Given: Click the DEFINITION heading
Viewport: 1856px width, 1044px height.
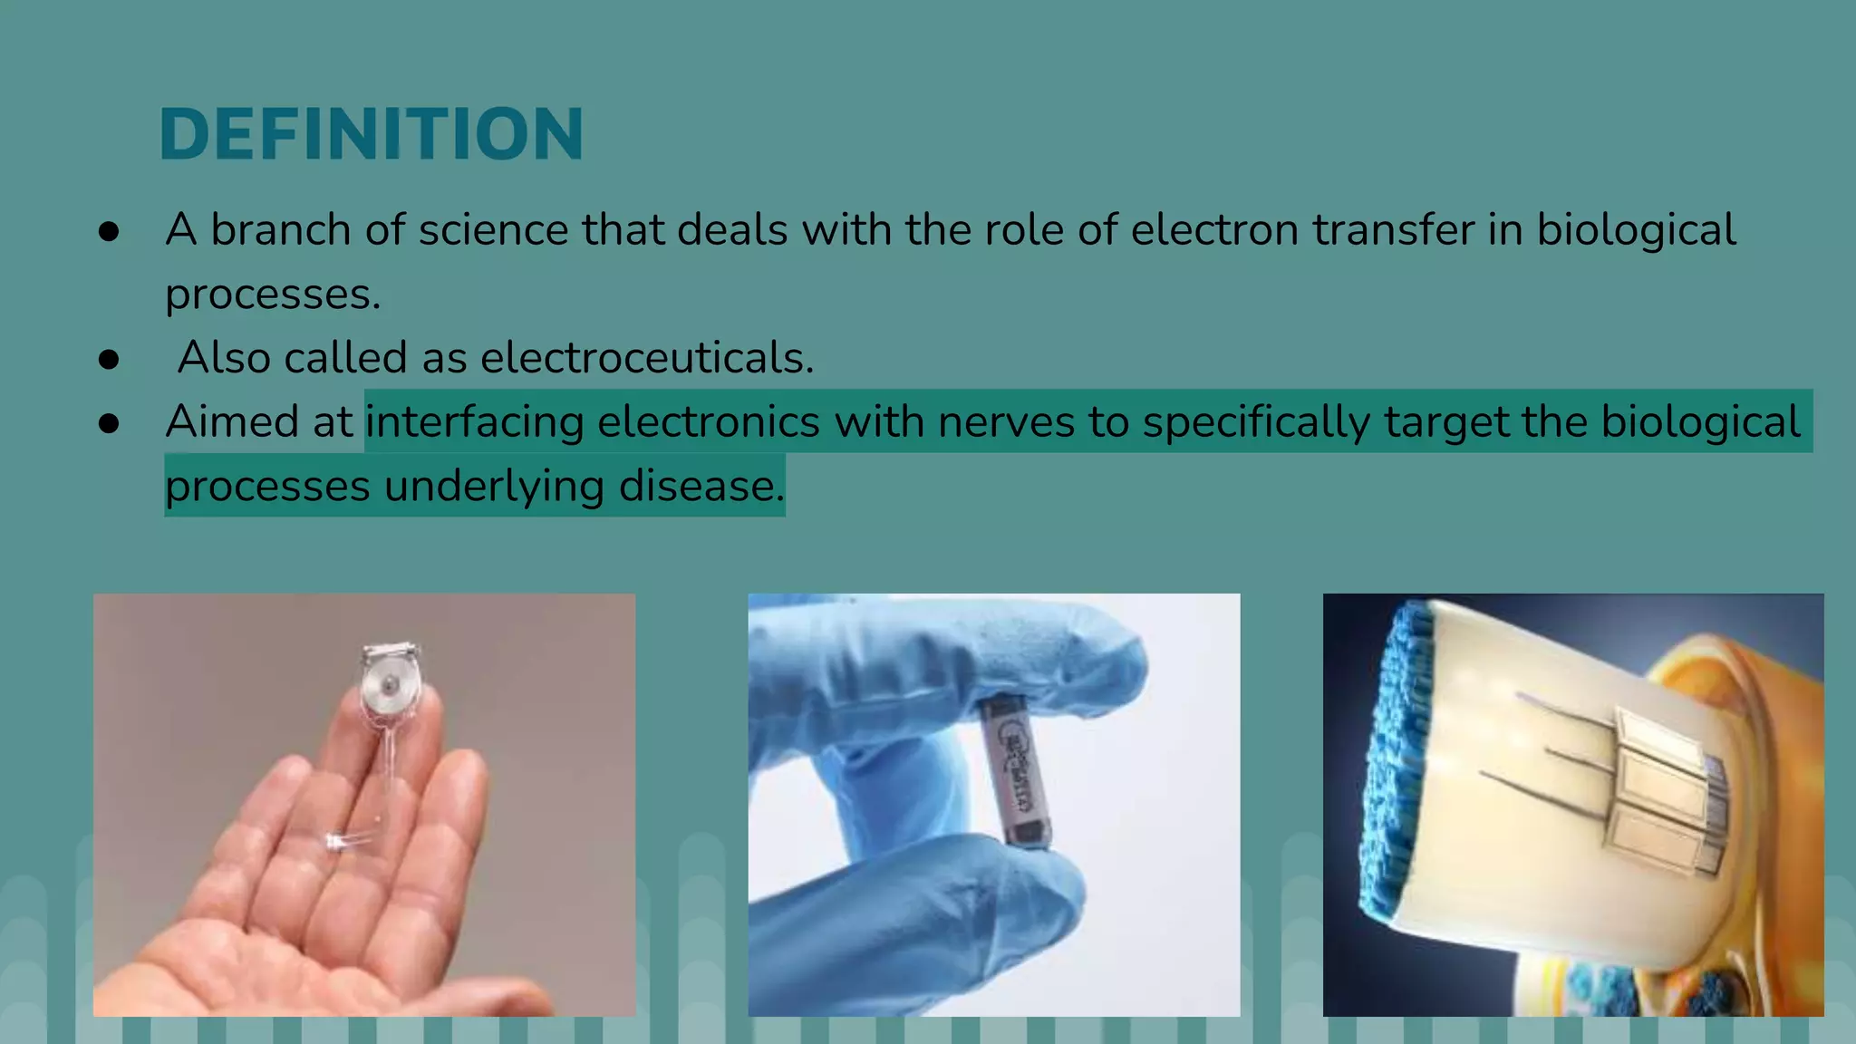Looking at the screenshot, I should [372, 134].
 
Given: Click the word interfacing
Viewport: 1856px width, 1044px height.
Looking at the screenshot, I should [474, 422].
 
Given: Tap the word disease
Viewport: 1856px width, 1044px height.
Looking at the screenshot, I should [701, 487].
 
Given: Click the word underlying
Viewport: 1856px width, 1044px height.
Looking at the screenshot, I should [494, 487].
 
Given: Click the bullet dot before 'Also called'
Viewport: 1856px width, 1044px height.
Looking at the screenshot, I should [109, 360].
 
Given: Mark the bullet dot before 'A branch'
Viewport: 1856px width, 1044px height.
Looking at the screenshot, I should [109, 232].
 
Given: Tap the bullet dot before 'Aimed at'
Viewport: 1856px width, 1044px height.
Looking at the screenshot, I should [109, 423].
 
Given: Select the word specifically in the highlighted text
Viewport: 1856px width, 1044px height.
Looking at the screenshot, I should [1256, 422].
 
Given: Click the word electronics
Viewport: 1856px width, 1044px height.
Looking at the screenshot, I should [709, 422].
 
